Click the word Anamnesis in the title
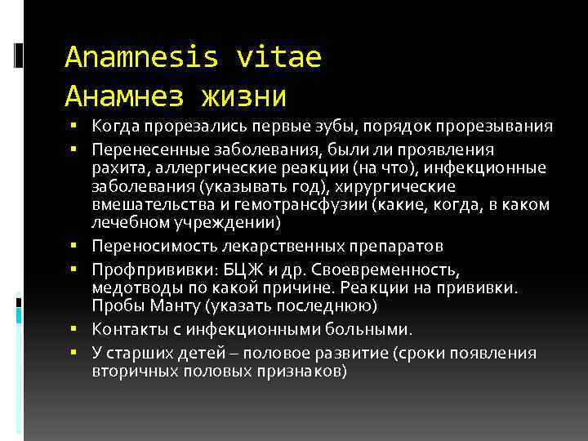[x=141, y=57]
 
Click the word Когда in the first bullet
[x=114, y=127]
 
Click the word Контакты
[x=127, y=329]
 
